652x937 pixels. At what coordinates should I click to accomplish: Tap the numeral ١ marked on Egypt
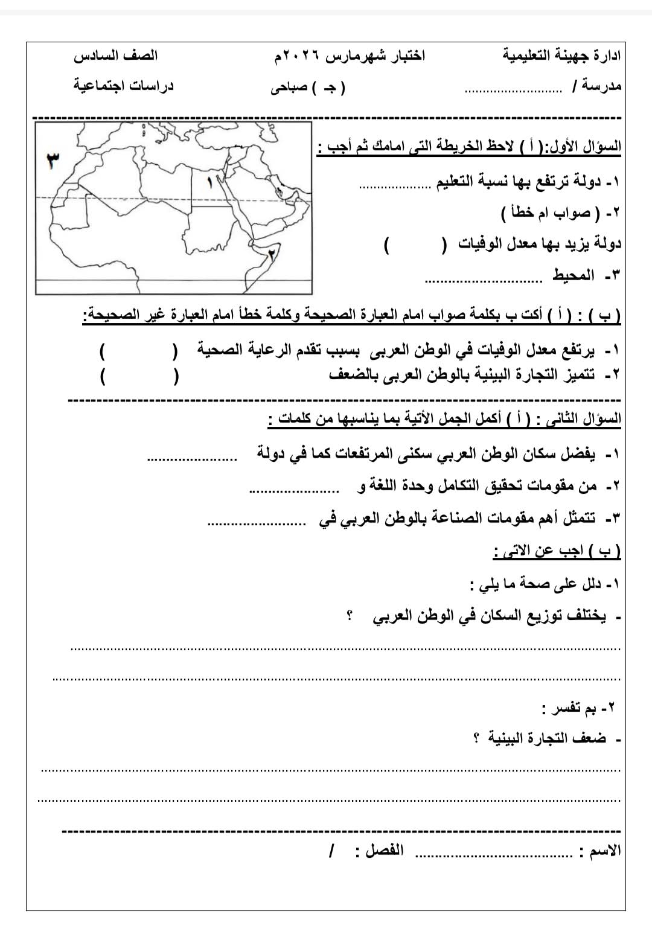coord(210,182)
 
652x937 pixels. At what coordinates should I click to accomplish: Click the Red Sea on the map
coord(239,208)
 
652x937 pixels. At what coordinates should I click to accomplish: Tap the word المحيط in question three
coord(574,276)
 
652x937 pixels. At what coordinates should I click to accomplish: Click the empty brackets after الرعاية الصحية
coord(139,350)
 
